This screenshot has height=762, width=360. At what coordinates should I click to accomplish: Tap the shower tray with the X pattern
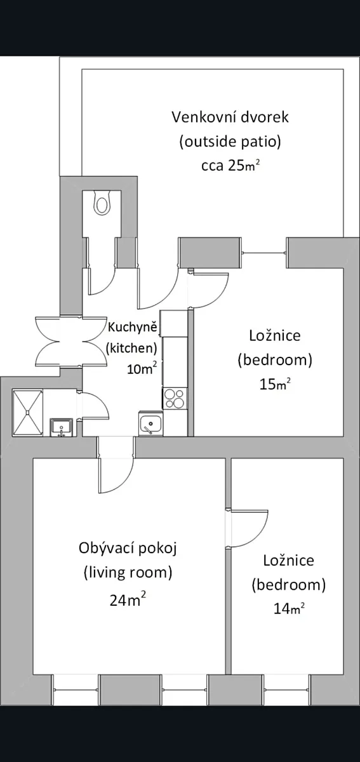click(27, 413)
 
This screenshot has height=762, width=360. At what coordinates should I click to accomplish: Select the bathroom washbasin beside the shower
click(61, 427)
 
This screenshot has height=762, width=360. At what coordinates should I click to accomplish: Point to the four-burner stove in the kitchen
click(175, 398)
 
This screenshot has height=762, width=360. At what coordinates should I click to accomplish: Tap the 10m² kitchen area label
click(142, 368)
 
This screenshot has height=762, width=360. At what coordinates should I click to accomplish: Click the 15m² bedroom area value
click(275, 384)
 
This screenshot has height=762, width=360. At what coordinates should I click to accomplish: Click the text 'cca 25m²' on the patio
click(230, 165)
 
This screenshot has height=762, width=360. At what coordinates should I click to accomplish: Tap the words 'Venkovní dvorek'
click(230, 117)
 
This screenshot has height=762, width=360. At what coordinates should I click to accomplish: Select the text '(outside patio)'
click(230, 142)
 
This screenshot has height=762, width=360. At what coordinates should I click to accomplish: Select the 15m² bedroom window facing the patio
click(263, 253)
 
